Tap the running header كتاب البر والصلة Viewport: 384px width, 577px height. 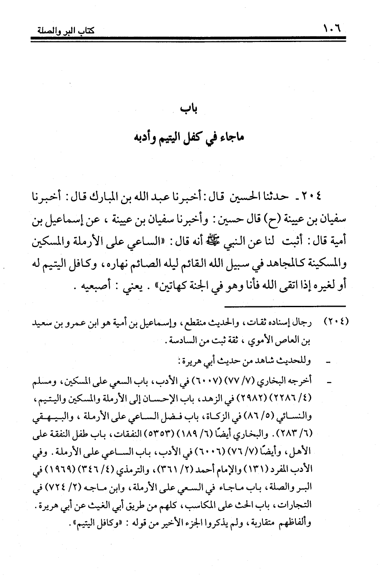pos(64,31)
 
